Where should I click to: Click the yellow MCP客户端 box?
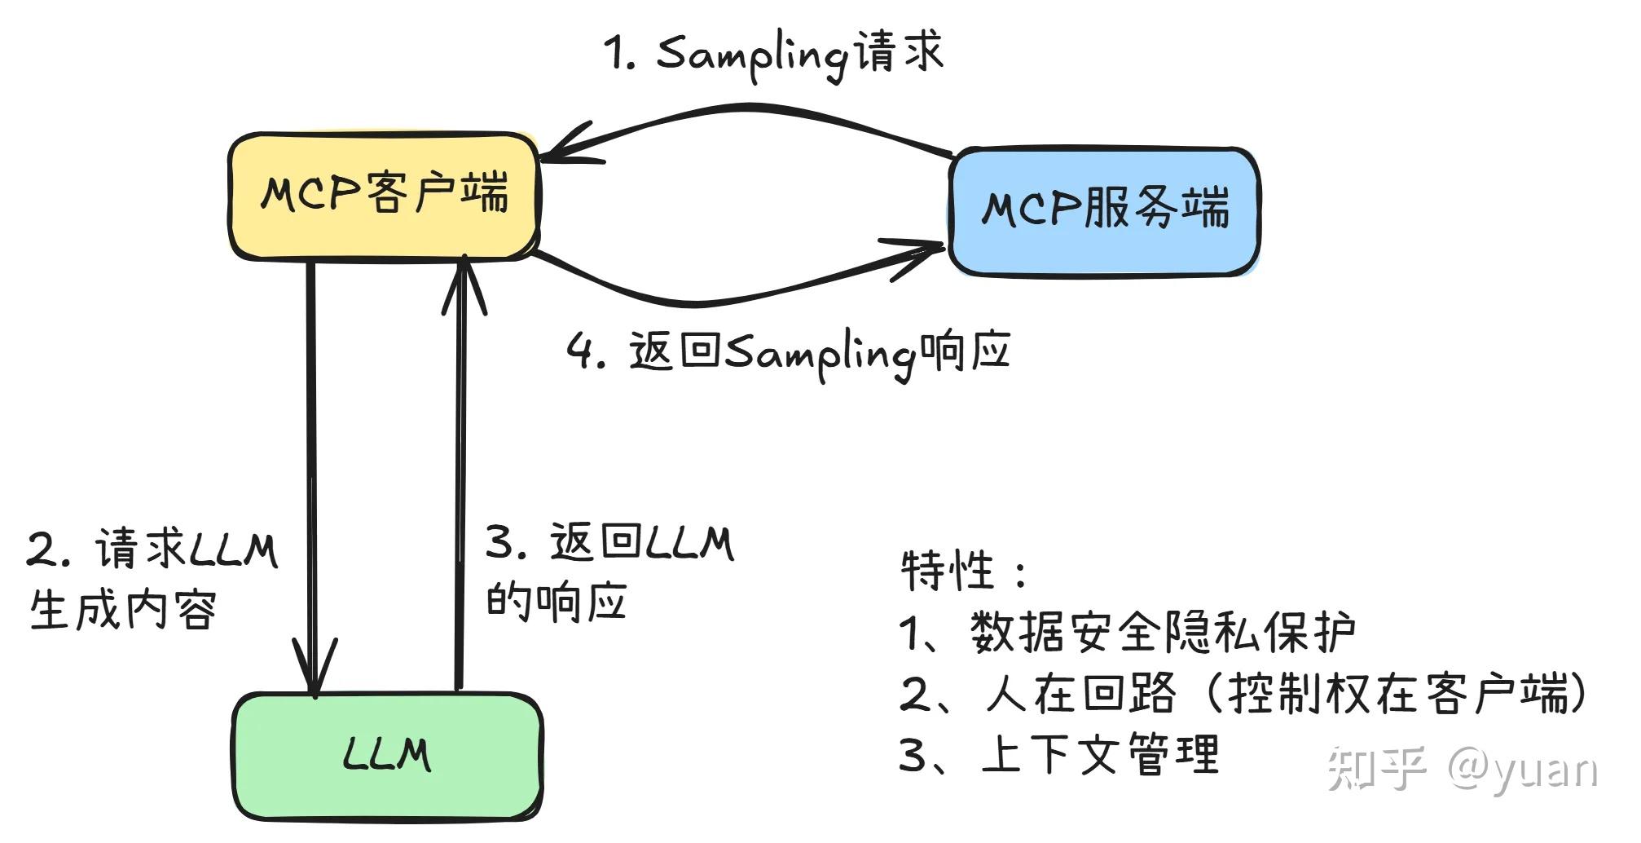[x=384, y=196]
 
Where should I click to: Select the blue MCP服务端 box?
[x=1104, y=210]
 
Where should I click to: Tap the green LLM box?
[x=387, y=755]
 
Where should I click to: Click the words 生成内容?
[x=123, y=610]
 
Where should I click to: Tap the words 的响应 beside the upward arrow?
[x=557, y=602]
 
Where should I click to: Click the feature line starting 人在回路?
[x=1243, y=694]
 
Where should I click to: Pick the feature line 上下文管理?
[x=1059, y=754]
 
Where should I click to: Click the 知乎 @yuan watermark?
[x=1462, y=768]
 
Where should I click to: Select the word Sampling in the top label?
[x=750, y=53]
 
